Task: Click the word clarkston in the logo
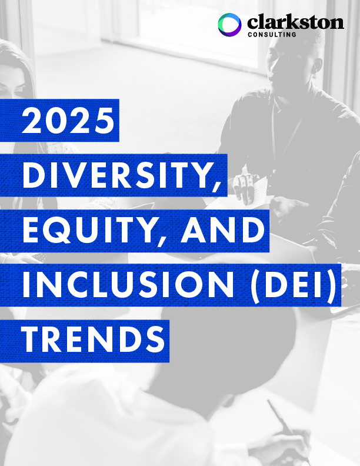pos(295,23)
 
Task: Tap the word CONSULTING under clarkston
pos(271,35)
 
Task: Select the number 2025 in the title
pos(68,122)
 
